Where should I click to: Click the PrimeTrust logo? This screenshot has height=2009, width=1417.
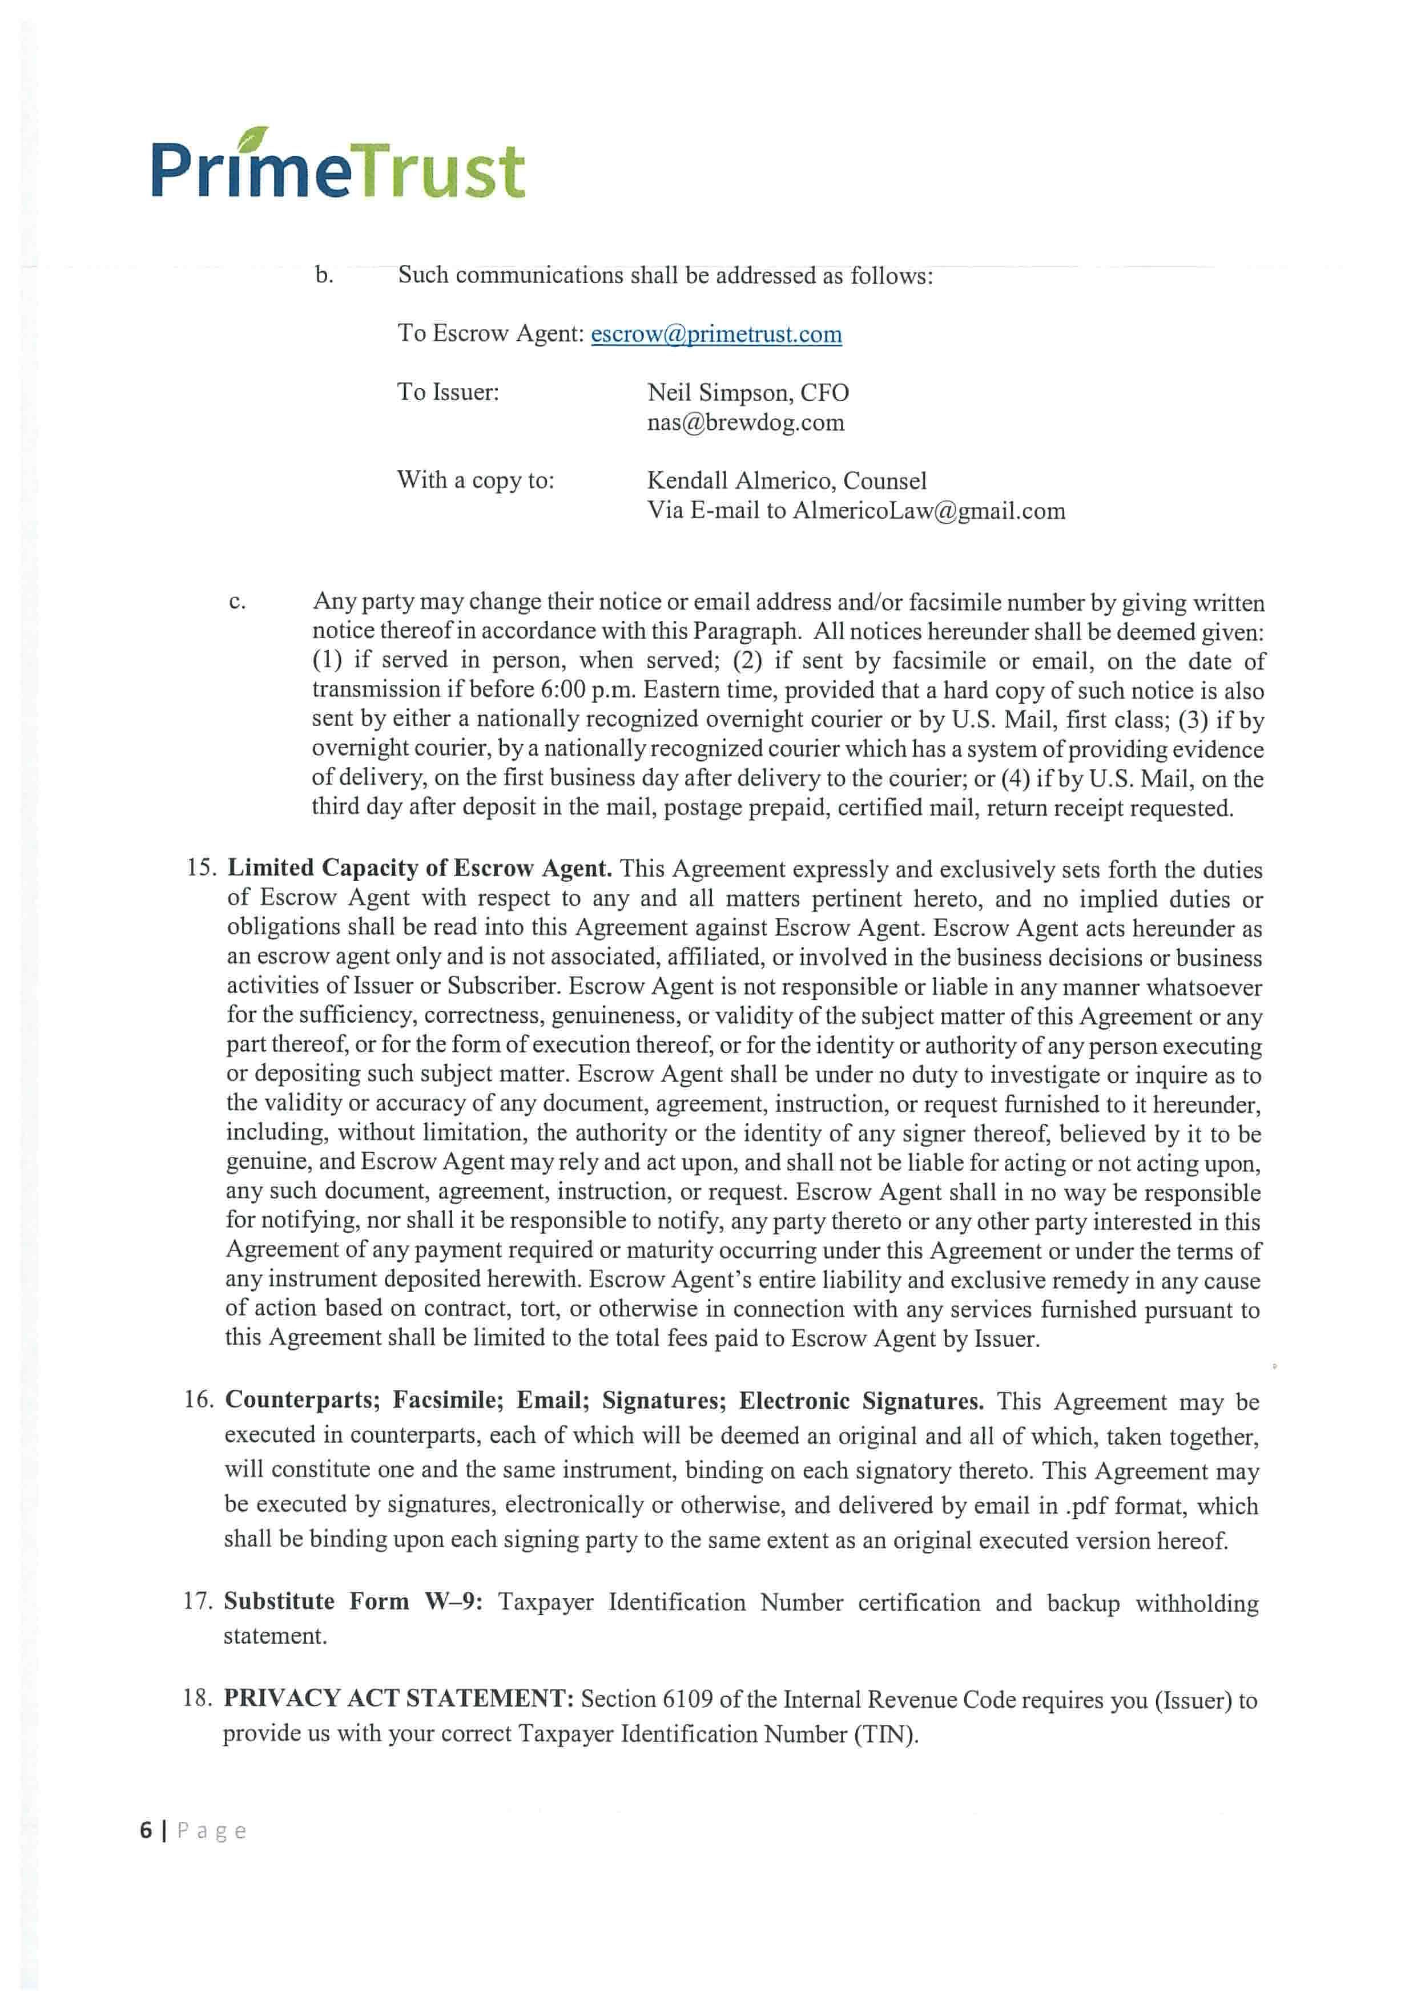click(x=338, y=166)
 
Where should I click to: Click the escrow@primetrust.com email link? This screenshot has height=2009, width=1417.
click(x=716, y=334)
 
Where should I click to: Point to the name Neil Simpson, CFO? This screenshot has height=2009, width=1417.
click(x=747, y=393)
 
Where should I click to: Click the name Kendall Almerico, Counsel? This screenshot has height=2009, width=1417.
click(x=786, y=481)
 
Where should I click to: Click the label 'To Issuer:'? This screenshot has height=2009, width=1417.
click(x=448, y=392)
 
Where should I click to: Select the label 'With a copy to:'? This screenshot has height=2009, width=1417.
click(x=475, y=481)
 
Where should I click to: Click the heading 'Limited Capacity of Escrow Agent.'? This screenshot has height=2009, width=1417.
click(x=419, y=868)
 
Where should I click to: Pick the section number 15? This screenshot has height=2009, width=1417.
click(x=200, y=868)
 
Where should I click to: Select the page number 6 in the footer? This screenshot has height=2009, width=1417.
click(x=146, y=1830)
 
